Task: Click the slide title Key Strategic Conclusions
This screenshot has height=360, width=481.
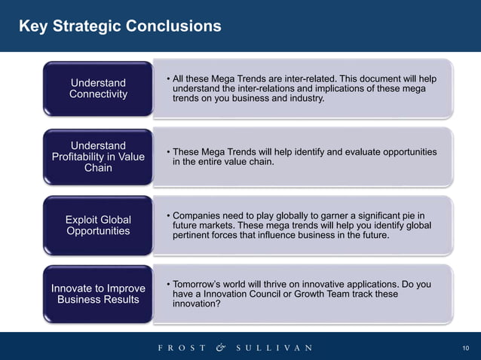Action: coord(120,26)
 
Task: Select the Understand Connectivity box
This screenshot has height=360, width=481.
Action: coord(98,88)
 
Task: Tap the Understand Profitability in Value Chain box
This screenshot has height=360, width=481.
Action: coord(98,156)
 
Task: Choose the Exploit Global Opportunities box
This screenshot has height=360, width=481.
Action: coord(98,224)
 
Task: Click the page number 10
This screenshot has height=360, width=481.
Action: coord(465,348)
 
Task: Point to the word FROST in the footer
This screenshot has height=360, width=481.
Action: coord(182,348)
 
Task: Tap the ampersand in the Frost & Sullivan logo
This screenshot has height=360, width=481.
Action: coord(220,347)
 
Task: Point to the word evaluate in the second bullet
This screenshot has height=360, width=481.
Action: coord(323,152)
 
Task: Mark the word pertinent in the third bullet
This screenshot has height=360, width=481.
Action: coord(194,236)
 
